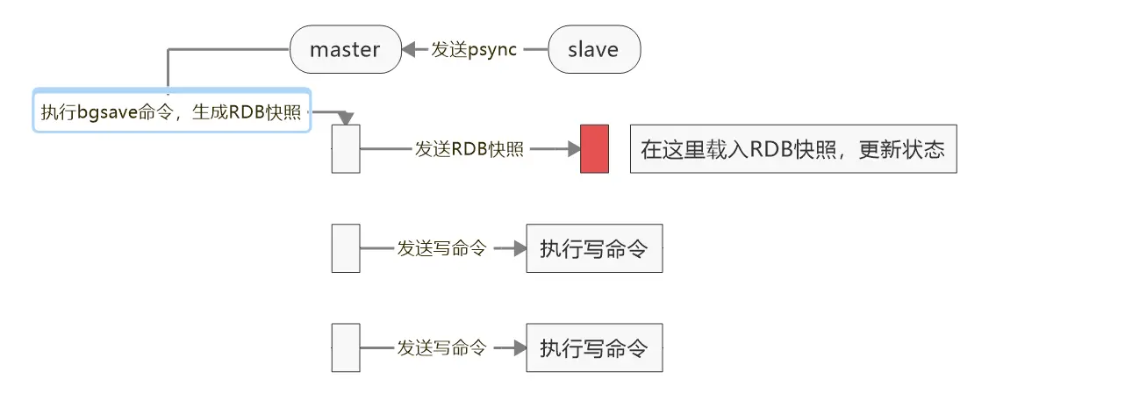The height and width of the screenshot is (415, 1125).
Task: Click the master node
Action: [x=345, y=49]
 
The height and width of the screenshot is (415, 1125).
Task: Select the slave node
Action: [x=593, y=49]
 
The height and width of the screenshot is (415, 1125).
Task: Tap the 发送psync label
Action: [x=473, y=49]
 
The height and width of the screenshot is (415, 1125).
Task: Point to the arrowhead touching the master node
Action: [x=408, y=49]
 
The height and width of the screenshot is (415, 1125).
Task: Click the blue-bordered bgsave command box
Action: [x=172, y=111]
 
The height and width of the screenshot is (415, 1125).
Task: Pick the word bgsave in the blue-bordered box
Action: [x=107, y=112]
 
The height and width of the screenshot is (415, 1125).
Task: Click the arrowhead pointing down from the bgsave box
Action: [x=345, y=118]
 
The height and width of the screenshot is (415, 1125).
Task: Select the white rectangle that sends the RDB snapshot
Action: [x=346, y=149]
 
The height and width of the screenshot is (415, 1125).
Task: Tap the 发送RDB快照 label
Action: [x=469, y=149]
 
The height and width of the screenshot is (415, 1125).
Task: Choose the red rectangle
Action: [x=594, y=149]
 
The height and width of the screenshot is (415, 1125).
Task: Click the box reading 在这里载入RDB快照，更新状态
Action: [x=792, y=149]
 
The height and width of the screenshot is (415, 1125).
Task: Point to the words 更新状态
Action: [x=902, y=149]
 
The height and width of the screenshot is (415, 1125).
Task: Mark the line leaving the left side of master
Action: [x=228, y=49]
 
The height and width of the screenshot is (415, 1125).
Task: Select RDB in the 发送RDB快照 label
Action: [x=469, y=149]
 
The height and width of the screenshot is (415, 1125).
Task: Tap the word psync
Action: [x=492, y=49]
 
